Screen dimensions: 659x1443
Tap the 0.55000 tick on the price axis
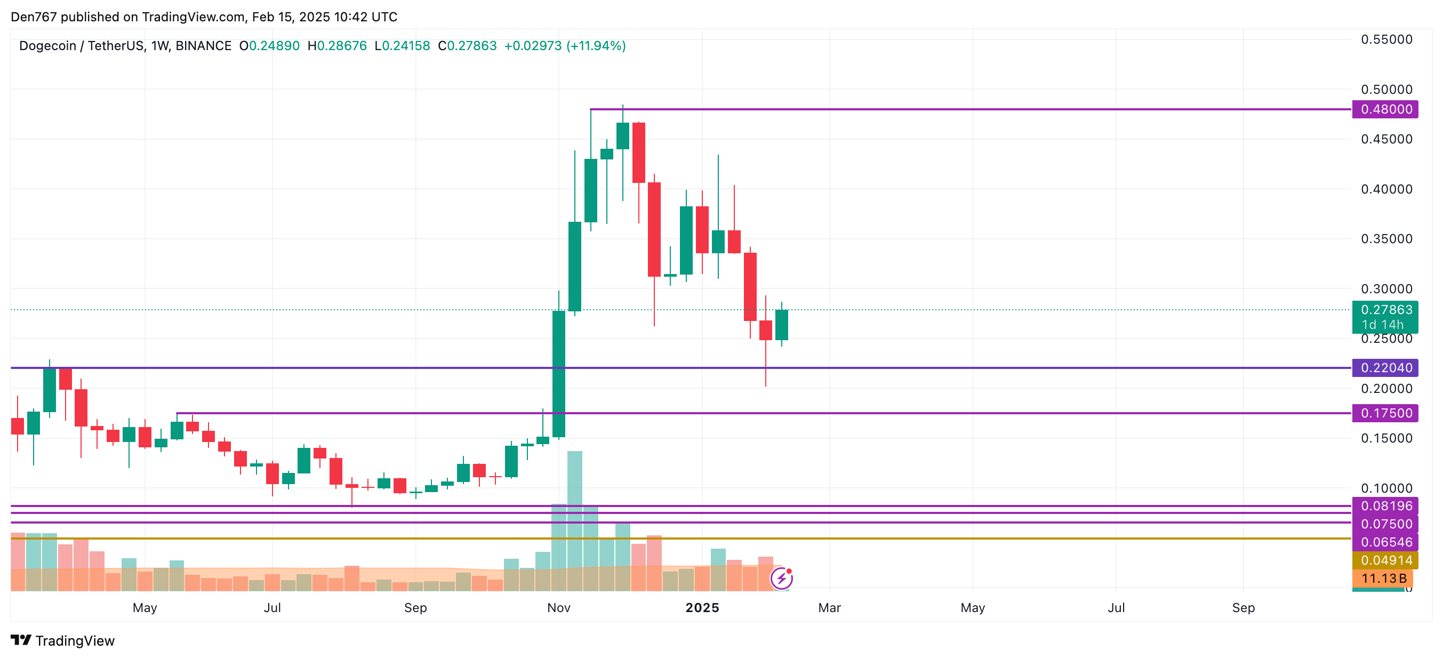click(x=1386, y=39)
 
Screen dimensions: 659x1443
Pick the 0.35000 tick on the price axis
click(x=1386, y=239)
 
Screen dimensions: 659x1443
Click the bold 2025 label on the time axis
click(x=702, y=608)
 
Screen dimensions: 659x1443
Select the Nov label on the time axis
click(x=558, y=608)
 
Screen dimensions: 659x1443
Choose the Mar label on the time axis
click(x=829, y=608)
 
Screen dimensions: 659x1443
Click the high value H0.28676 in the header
click(x=336, y=46)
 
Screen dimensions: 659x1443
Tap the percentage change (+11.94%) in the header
click(x=596, y=46)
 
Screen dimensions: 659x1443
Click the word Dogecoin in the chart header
click(x=47, y=46)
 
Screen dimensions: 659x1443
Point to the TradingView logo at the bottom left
click(x=63, y=640)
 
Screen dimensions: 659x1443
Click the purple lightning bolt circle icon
click(x=781, y=578)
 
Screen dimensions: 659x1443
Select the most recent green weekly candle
click(x=781, y=325)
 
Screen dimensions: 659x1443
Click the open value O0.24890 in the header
click(x=269, y=46)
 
